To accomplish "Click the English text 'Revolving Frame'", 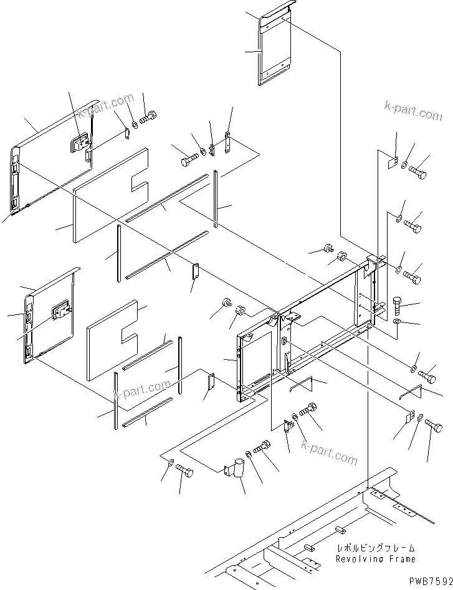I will tap(375, 559).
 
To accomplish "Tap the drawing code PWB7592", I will tap(427, 579).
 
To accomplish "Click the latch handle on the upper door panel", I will tap(80, 145).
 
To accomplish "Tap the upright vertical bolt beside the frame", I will tap(399, 306).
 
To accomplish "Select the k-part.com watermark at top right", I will tap(413, 112).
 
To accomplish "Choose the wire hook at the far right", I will tap(412, 393).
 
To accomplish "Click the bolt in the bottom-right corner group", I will tap(434, 427).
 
